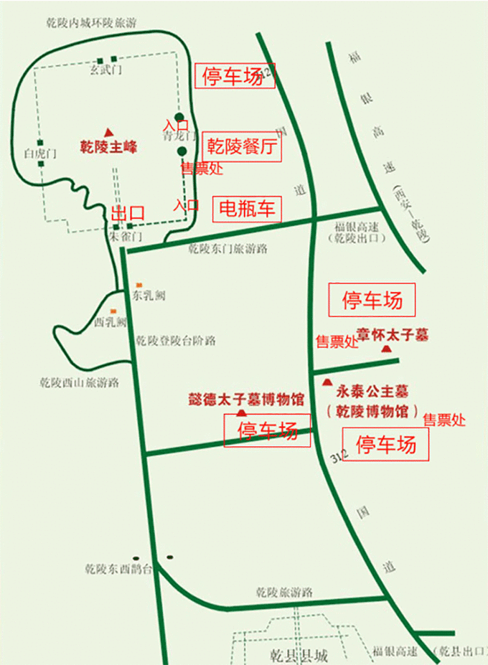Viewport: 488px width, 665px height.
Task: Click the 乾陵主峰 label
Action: [108, 148]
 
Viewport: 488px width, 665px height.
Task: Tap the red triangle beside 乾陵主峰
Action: [108, 132]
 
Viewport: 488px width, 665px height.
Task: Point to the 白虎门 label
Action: [39, 153]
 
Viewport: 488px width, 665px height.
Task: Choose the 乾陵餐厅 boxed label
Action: [242, 148]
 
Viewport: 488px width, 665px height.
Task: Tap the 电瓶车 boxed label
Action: [246, 209]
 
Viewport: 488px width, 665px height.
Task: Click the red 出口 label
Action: [127, 213]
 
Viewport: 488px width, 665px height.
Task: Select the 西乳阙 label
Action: [111, 321]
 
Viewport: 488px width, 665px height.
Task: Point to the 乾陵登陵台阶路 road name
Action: [176, 340]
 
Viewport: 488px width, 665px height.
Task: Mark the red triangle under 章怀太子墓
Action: [387, 349]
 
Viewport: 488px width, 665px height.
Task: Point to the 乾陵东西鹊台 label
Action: [118, 569]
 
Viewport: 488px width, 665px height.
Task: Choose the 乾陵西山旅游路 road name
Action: [79, 382]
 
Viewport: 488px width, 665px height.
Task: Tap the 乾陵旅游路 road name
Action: [285, 593]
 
